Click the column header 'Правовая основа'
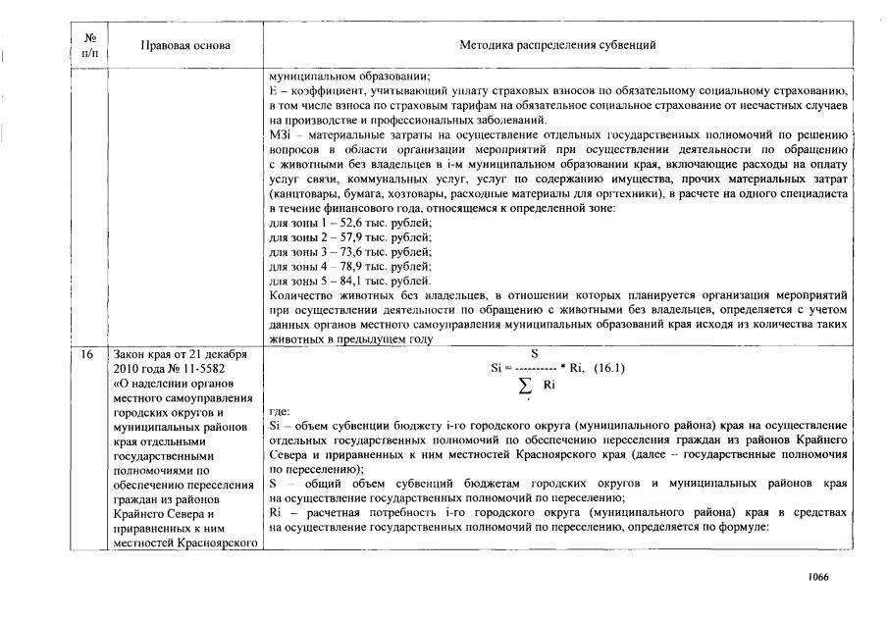point(185,46)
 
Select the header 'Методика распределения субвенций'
point(557,46)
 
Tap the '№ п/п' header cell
point(91,46)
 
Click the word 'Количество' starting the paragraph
point(300,294)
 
